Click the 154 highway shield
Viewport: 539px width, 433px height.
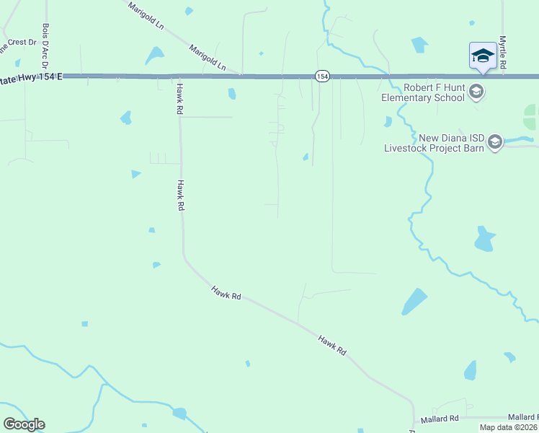[322, 76]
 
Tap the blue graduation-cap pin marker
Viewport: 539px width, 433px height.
[482, 56]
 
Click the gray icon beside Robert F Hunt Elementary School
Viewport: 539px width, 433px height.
[476, 92]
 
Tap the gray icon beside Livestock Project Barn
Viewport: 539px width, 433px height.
[495, 142]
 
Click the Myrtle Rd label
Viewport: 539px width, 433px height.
[503, 52]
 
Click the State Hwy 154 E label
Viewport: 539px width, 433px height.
[29, 76]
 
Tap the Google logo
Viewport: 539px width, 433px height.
[24, 424]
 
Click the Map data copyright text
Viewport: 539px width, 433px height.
[508, 427]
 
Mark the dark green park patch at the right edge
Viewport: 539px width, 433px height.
[531, 117]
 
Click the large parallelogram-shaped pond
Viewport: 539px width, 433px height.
[414, 302]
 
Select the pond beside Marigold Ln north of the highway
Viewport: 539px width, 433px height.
[154, 56]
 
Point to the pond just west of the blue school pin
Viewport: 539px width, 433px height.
[419, 45]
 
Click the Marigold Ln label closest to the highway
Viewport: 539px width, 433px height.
[208, 58]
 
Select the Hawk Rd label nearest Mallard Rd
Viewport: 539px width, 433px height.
[332, 344]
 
